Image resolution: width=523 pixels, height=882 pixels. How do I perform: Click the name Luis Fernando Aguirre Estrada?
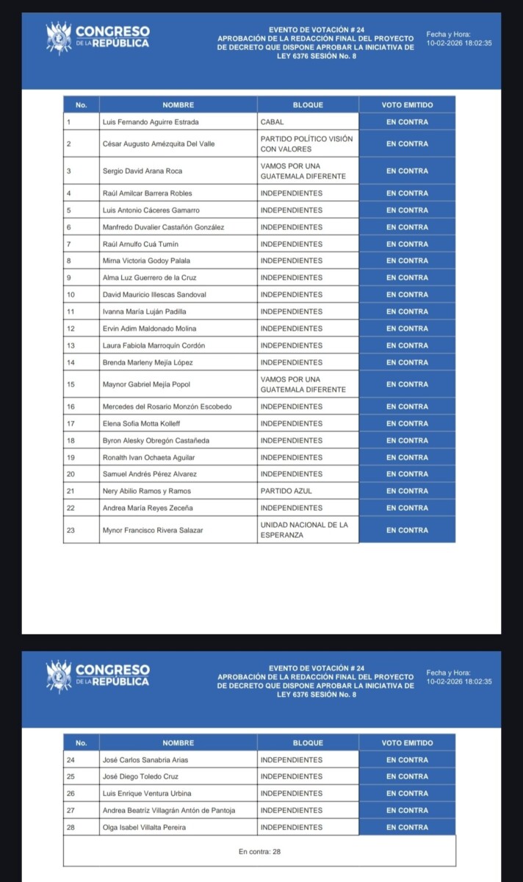pos(151,122)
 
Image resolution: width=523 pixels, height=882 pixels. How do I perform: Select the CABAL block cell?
pos(273,122)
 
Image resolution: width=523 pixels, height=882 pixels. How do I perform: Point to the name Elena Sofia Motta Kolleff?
pos(141,423)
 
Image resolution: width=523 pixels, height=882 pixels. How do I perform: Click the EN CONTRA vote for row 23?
pos(407,530)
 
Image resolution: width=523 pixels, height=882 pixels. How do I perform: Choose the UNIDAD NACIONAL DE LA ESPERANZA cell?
pos(304,530)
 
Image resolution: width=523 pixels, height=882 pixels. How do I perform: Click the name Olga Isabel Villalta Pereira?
pos(144,827)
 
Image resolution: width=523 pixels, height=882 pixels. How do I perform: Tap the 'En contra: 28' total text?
pos(260,851)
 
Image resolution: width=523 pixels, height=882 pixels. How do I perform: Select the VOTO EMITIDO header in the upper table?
pos(407,105)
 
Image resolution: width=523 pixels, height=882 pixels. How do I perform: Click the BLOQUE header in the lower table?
pos(308,743)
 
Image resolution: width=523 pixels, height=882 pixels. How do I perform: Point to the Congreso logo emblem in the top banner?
pos(58,37)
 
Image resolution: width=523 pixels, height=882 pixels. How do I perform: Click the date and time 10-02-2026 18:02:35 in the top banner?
pos(459,43)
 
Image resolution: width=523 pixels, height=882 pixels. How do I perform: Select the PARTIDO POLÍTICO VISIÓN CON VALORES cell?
pos(306,144)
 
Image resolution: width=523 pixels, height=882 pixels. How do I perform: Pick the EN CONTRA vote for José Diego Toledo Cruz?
pos(407,776)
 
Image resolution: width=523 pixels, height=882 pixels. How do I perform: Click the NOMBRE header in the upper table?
pos(178,105)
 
